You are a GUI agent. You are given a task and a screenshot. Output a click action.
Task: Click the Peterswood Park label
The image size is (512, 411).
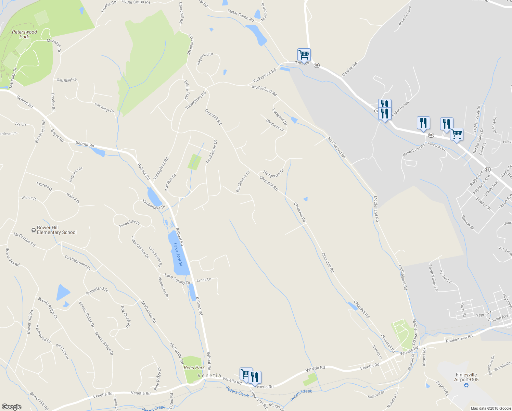coord(24,34)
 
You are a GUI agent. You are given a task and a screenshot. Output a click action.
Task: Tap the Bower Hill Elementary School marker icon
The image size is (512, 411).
coord(33,230)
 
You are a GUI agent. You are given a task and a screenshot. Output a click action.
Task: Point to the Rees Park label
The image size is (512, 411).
coord(194,368)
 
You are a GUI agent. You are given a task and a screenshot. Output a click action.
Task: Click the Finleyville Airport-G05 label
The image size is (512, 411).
coord(466,377)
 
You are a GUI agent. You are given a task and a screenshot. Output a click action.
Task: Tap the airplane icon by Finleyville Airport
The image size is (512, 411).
coord(466,386)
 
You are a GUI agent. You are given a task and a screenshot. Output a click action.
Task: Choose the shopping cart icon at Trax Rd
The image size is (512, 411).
coord(304,54)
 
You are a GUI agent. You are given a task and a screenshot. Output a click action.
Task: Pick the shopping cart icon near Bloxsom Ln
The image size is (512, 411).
coord(457,134)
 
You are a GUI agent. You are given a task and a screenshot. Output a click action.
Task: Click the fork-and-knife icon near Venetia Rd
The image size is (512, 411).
coord(254,377)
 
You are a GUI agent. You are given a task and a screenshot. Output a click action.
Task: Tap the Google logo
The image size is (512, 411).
coord(12,407)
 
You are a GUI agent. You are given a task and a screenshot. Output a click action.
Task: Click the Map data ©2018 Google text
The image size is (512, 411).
coord(490,408)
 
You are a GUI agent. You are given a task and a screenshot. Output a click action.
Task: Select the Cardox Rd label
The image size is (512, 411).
coord(349,69)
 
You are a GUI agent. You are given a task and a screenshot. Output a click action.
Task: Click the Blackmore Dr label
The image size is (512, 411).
coord(243,181)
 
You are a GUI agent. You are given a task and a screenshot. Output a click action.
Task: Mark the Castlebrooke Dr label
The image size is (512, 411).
coord(78,263)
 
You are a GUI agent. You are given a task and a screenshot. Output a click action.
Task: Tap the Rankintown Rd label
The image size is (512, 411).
coord(459,339)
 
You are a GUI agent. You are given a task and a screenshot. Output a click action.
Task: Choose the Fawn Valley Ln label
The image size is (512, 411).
coord(433,277)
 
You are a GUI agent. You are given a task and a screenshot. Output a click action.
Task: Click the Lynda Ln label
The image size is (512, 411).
coord(204,280)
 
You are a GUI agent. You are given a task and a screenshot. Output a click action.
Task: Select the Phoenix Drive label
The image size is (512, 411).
coord(405,16)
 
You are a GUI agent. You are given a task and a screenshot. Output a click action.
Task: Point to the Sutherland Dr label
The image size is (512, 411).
coord(97,291)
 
